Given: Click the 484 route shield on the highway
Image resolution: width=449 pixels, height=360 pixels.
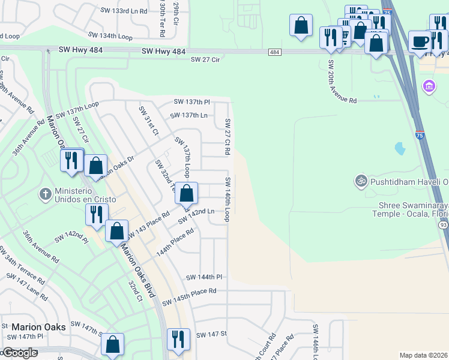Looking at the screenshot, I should click(x=274, y=53).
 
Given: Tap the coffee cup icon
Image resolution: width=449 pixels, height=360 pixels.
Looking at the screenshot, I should click(x=420, y=41).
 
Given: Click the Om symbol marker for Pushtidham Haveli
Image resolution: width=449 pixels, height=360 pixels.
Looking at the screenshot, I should click(x=361, y=180).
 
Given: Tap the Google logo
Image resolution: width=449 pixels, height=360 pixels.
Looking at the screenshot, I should click(x=19, y=353).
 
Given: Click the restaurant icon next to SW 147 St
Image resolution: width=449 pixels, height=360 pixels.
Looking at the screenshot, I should click(x=178, y=338).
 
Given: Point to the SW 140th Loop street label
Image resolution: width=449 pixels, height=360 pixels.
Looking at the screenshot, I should click(x=228, y=199).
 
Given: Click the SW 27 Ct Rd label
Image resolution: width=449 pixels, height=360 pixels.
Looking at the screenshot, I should click(x=228, y=137).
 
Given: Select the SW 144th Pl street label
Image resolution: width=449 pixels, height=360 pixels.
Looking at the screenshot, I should click(x=204, y=277).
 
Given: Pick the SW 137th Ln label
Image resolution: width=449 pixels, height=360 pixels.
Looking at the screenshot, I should click(x=188, y=115).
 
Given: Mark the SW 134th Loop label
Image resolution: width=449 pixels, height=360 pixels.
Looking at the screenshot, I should click(x=110, y=36).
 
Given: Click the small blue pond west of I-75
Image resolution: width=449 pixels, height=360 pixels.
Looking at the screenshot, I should click(x=399, y=147).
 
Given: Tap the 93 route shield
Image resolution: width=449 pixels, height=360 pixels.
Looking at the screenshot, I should click(x=444, y=224).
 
